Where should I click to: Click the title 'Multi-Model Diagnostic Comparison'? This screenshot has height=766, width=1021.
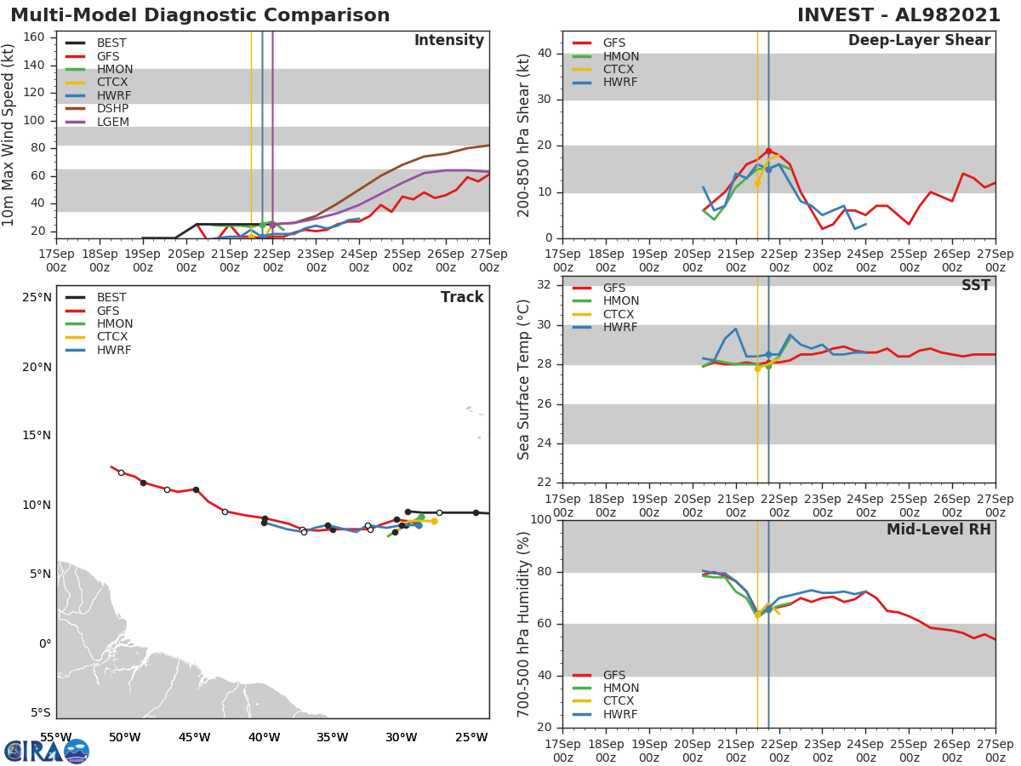point(200,15)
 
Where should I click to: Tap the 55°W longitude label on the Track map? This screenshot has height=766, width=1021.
point(56,737)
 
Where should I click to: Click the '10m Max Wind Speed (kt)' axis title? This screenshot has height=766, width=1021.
point(9,135)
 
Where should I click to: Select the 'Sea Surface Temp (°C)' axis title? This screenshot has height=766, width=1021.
point(524,379)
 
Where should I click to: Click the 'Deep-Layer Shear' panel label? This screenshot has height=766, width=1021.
point(919,41)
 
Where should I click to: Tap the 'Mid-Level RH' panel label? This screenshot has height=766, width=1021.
point(938,529)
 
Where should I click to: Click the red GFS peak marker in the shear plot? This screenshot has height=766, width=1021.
point(768,151)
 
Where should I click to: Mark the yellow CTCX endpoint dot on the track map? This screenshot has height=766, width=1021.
point(434,521)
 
